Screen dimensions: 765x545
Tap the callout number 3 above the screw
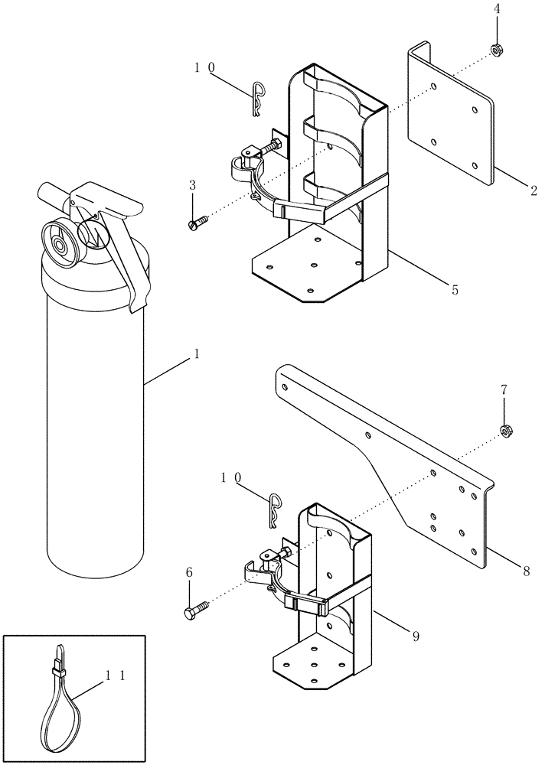coord(193,186)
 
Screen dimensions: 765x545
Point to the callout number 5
coord(455,290)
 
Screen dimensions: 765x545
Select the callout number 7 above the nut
coord(504,390)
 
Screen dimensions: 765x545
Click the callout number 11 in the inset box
coord(115,675)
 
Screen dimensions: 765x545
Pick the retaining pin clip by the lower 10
coord(276,509)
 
